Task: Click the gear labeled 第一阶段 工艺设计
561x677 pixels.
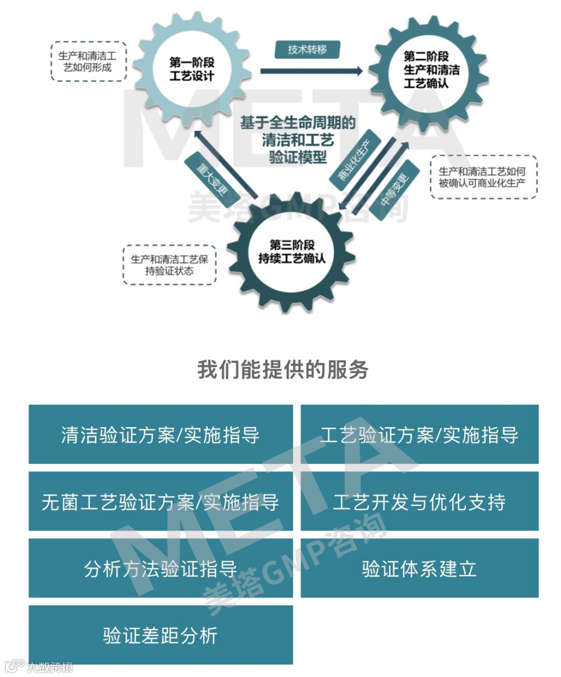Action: [192, 69]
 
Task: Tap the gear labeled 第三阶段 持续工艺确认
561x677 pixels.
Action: [291, 252]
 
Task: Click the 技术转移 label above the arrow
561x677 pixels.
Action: [307, 49]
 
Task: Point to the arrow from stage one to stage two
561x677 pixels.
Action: [311, 71]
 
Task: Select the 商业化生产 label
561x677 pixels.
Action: [353, 160]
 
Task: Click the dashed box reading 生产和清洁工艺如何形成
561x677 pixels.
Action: [88, 61]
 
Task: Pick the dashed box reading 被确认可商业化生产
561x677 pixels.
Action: [482, 177]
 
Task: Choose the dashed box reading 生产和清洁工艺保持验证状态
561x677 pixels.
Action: [169, 265]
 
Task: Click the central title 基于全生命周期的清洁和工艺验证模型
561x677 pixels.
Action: [297, 140]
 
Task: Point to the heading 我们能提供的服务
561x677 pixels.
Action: [283, 369]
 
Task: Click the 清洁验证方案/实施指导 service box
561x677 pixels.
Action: [160, 435]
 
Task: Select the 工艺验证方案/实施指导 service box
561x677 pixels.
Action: [419, 435]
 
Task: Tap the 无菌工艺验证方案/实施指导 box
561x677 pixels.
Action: [160, 502]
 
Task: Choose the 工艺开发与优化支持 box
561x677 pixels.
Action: [419, 502]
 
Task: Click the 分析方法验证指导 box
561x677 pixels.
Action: [160, 568]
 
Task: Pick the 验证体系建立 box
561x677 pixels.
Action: [419, 568]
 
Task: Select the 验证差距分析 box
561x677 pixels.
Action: [160, 635]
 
